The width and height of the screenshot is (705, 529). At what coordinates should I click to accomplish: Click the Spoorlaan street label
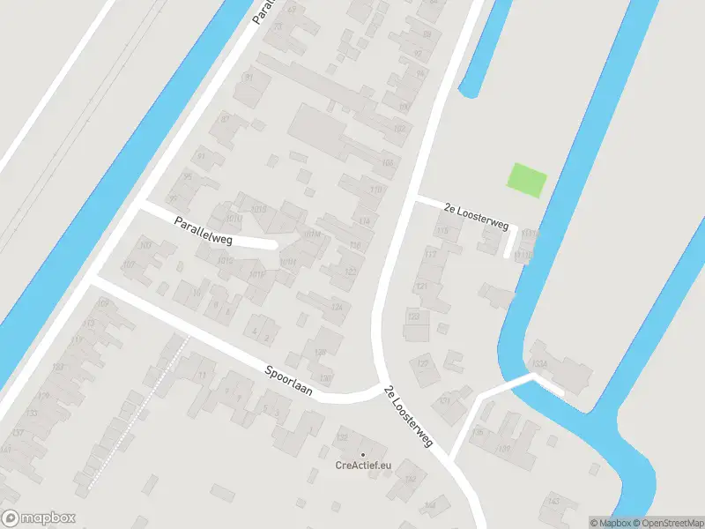click(288, 376)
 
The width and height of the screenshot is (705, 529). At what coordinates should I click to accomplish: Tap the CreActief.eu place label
click(362, 466)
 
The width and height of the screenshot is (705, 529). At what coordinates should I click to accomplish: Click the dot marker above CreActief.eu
click(362, 454)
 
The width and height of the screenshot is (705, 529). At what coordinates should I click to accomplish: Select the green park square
click(527, 181)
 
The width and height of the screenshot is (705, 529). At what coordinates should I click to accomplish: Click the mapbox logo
click(39, 518)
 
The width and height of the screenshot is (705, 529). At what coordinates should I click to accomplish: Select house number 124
click(336, 307)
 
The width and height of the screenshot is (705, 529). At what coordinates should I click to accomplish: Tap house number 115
click(442, 231)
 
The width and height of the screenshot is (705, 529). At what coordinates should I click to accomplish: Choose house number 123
click(413, 316)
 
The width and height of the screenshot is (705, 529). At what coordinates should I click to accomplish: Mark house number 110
click(376, 190)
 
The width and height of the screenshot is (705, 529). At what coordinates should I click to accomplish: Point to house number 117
click(430, 254)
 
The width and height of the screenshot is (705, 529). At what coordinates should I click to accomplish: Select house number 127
click(422, 363)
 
